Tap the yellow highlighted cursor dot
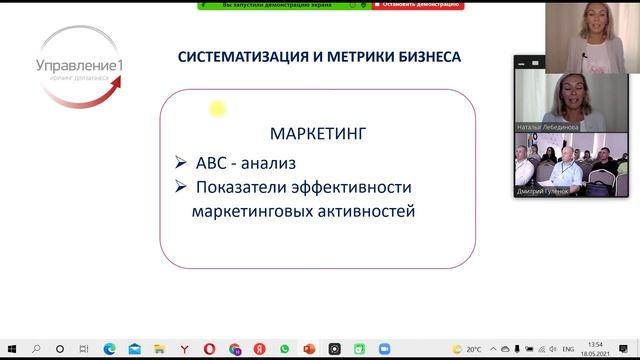(x=215, y=109)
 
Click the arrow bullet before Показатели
(x=180, y=187)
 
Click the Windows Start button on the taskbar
(x=9, y=349)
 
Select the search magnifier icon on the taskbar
(x=36, y=349)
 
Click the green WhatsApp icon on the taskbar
(x=284, y=349)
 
